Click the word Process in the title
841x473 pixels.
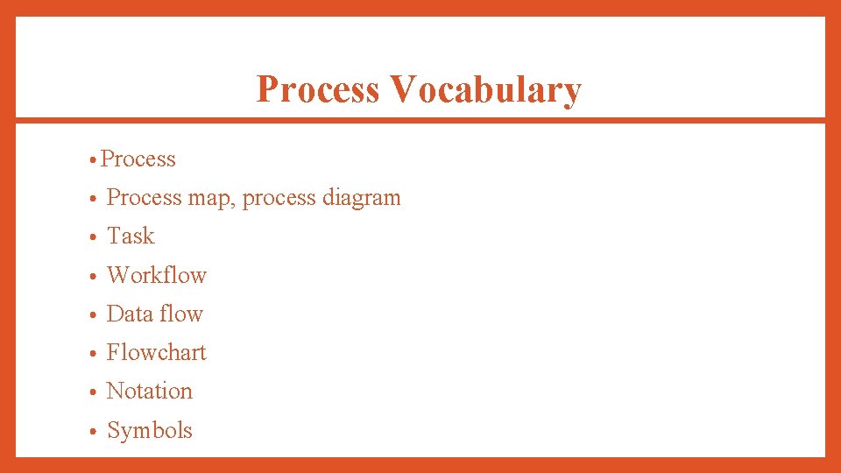[317, 90]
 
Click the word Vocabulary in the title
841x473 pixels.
[485, 90]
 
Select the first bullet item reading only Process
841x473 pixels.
[138, 159]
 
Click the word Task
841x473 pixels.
[131, 236]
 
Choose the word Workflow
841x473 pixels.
[156, 275]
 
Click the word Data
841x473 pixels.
[129, 314]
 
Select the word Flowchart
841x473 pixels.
[156, 352]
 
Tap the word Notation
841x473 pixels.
[149, 391]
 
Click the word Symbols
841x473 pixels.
[149, 430]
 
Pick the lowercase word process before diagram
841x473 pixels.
[279, 199]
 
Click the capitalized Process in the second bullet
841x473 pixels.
[144, 198]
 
